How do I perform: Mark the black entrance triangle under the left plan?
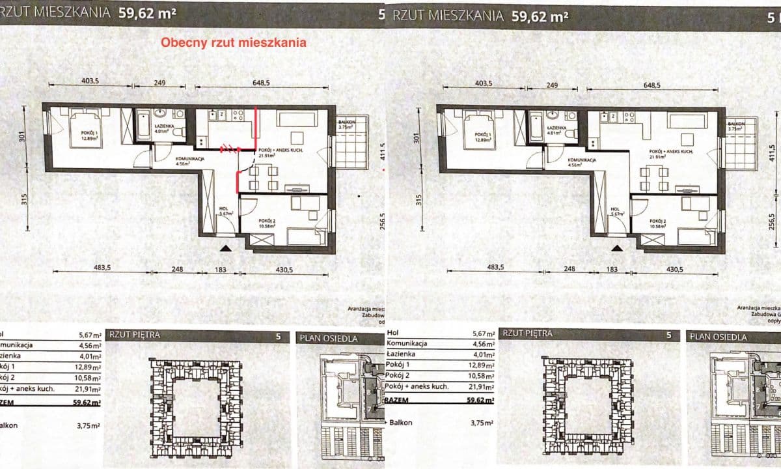pyautogui.click(x=225, y=247)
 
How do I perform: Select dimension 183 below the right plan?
pyautogui.click(x=612, y=269)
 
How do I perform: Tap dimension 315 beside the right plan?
pyautogui.click(x=418, y=198)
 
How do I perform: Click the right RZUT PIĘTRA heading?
pyautogui.click(x=528, y=334)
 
